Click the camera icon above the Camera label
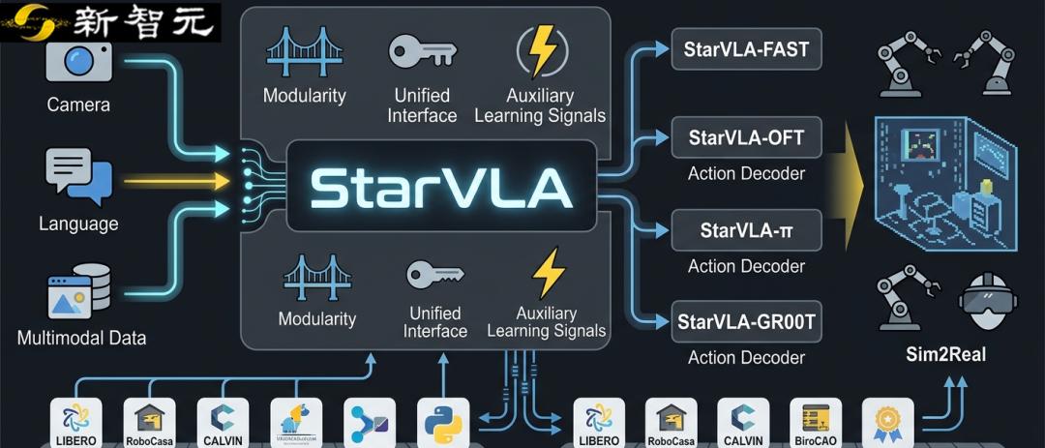pyautogui.click(x=79, y=60)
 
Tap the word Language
pyautogui.click(x=78, y=224)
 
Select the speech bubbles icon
pyautogui.click(x=78, y=176)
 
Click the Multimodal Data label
pyautogui.click(x=82, y=338)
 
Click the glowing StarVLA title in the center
pyautogui.click(x=441, y=188)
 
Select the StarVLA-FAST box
pyautogui.click(x=746, y=49)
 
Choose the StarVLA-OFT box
pyautogui.click(x=746, y=137)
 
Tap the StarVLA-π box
pyautogui.click(x=746, y=230)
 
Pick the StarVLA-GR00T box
pyautogui.click(x=746, y=321)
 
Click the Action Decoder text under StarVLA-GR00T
pyautogui.click(x=746, y=358)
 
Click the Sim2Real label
pyautogui.click(x=945, y=355)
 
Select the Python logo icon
pyautogui.click(x=442, y=423)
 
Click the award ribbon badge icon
pyautogui.click(x=887, y=421)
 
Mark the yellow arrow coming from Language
pyautogui.click(x=174, y=181)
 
